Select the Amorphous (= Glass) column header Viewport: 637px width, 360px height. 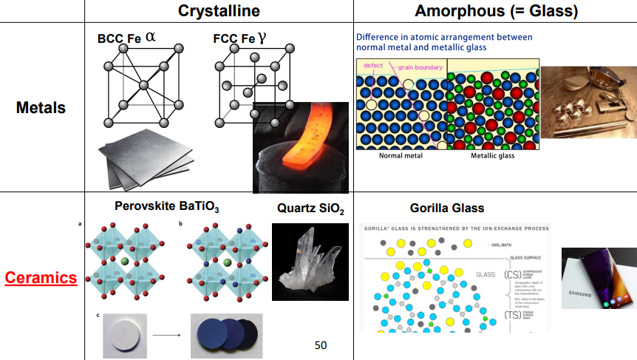coord(496,11)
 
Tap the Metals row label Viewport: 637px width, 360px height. coord(41,108)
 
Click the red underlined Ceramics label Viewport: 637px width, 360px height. coord(41,278)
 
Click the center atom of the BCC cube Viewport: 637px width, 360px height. coord(144,86)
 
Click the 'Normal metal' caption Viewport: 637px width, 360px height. coord(400,156)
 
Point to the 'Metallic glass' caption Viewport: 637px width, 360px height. coord(492,156)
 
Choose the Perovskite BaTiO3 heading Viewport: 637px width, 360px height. coord(167,206)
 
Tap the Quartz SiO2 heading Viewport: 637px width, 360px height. coord(310,209)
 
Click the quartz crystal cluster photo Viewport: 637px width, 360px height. coord(310,262)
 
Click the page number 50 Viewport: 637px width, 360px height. coord(320,344)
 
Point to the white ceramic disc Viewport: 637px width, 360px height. coord(126,334)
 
